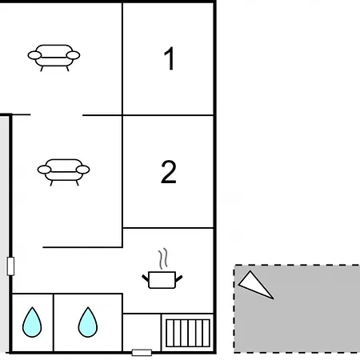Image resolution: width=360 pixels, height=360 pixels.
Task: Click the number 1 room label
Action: (170, 58)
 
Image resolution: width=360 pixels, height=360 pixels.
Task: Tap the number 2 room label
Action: (169, 172)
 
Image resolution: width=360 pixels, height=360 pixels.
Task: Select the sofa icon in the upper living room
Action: (54, 58)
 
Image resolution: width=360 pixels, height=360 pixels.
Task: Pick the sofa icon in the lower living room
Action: (64, 172)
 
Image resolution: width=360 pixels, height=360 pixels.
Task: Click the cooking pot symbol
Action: (162, 280)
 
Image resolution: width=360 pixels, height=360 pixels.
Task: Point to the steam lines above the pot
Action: (163, 258)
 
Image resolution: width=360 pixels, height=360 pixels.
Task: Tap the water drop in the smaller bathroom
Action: (32, 322)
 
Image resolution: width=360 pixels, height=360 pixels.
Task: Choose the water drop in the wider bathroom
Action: (88, 322)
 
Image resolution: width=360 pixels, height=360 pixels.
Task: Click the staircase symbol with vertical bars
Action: (188, 334)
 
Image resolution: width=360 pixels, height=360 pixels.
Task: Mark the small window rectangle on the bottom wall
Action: (142, 353)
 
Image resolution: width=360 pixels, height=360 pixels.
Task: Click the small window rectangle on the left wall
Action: (10, 266)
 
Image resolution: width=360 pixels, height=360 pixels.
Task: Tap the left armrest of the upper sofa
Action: (34, 55)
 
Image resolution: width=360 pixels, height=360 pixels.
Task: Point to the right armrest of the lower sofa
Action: (83, 170)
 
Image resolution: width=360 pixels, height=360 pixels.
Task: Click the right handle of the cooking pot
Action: (179, 278)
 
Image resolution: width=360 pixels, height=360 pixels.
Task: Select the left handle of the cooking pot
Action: (146, 278)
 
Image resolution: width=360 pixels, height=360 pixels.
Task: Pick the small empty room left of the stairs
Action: (142, 332)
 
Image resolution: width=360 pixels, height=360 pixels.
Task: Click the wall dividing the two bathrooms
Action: (54, 322)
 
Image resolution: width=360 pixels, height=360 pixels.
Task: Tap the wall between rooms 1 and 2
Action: (168, 115)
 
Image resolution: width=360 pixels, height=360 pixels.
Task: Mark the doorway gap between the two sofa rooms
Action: (57, 115)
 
